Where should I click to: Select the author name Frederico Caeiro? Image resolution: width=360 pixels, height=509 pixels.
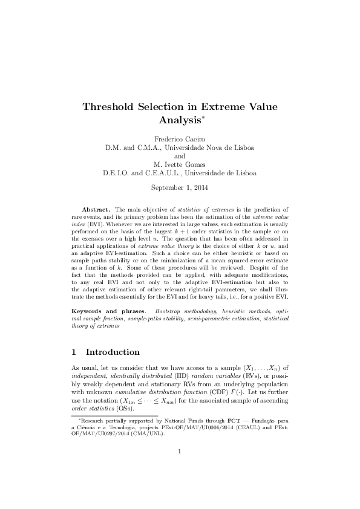tap(180, 139)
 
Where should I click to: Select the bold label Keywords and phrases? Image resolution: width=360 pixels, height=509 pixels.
tap(111, 310)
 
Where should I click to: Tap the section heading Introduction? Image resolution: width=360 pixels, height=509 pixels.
tap(113, 352)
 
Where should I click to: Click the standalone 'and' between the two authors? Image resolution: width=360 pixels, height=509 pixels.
tap(180, 156)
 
